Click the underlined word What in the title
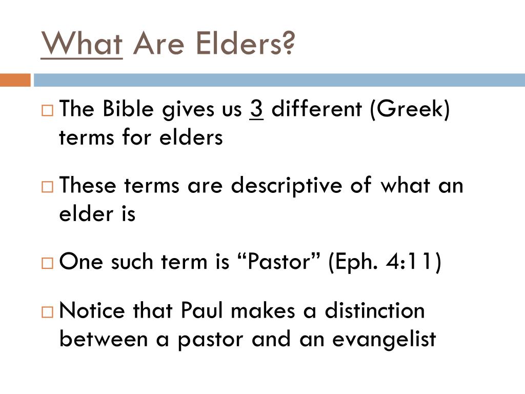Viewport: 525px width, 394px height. click(x=82, y=44)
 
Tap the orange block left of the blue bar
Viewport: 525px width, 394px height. click(x=15, y=81)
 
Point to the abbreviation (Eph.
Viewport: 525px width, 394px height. click(x=354, y=262)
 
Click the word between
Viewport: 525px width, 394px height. click(x=104, y=339)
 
